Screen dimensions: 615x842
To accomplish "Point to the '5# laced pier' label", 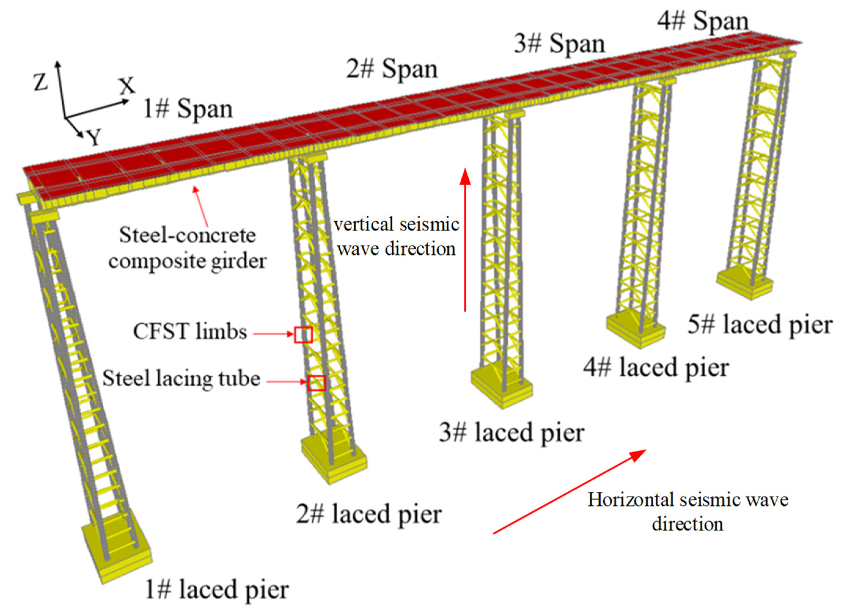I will click(760, 325).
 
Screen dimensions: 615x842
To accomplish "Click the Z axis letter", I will click(41, 82).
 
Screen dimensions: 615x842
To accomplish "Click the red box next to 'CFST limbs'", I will click(303, 334).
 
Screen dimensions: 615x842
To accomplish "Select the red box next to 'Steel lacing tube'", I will click(317, 383).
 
